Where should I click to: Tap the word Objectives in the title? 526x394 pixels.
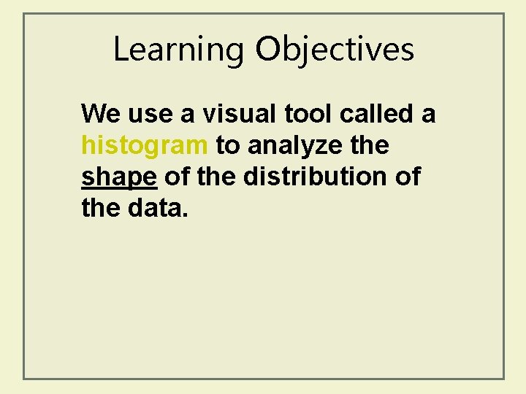pos(335,50)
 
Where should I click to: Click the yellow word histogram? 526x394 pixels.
pos(145,146)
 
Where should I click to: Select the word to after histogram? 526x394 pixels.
pos(228,146)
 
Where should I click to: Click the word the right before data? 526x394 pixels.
pos(97,209)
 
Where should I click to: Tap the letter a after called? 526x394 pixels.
pos(429,115)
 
